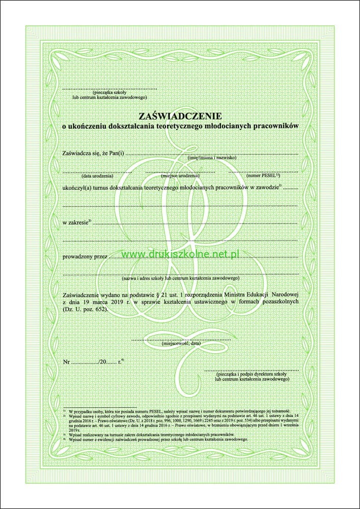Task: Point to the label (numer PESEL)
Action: tap(263, 176)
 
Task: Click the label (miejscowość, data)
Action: tap(181, 344)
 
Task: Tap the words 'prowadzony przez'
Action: tap(85, 257)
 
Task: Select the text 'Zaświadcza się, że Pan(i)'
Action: tap(93, 153)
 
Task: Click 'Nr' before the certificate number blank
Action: tap(66, 362)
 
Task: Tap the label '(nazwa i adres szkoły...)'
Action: tap(181, 279)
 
